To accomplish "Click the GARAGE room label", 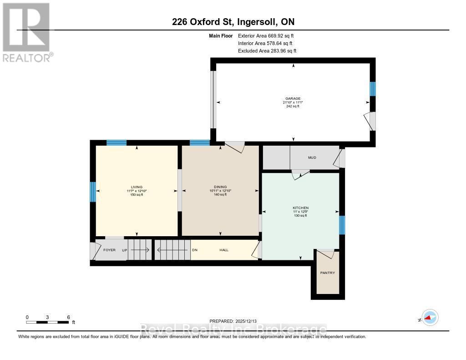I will coord(293,98).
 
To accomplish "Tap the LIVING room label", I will coord(137,187).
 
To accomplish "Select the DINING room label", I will coord(220,187).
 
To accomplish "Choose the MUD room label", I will coord(312,157).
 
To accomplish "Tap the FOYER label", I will coord(110,250).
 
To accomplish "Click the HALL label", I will coord(224,250).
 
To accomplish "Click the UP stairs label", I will coord(124,250).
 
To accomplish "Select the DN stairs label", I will coord(195,250).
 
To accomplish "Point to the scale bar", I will coord(47,322).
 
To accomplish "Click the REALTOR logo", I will coord(26,32).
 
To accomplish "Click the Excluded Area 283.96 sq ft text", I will coord(267,51).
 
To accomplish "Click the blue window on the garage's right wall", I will coord(372,89).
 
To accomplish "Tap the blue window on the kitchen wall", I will coord(342,225).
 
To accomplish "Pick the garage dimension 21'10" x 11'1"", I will coord(293,102).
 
